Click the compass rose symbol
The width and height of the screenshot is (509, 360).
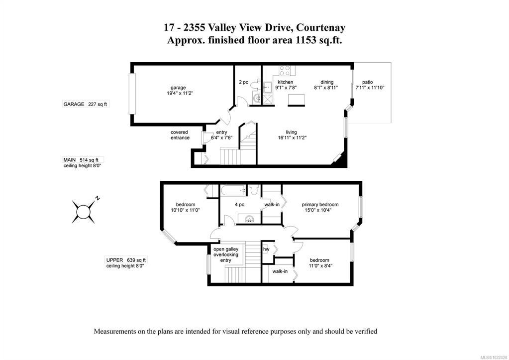pyautogui.click(x=84, y=211)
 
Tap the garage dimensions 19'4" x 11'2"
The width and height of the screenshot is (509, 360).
pyautogui.click(x=178, y=93)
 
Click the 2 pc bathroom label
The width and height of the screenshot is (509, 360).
pyautogui.click(x=243, y=82)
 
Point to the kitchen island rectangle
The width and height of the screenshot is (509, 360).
pyautogui.click(x=297, y=100)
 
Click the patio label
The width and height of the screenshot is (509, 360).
pyautogui.click(x=368, y=82)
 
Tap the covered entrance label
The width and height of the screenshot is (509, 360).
pyautogui.click(x=180, y=135)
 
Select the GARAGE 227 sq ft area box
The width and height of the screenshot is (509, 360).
pyautogui.click(x=86, y=104)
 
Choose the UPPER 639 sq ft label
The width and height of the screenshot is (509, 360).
pyautogui.click(x=126, y=260)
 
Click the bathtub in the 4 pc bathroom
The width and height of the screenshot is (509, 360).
pyautogui.click(x=232, y=191)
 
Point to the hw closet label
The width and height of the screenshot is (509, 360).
pyautogui.click(x=266, y=249)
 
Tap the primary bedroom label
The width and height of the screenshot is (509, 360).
pyautogui.click(x=320, y=204)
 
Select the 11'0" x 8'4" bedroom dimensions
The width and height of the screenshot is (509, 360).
pyautogui.click(x=320, y=265)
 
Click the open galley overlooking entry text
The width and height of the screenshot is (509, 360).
pyautogui.click(x=225, y=254)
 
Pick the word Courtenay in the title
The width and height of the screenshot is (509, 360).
pyautogui.click(x=321, y=27)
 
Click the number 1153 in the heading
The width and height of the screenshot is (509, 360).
pyautogui.click(x=305, y=40)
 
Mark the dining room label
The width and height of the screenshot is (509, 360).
pyautogui.click(x=327, y=82)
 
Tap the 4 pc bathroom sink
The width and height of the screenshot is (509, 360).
pyautogui.click(x=249, y=219)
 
